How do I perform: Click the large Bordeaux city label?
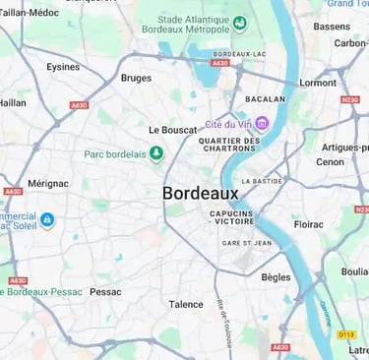[200, 194]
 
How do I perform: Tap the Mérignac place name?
[48, 183]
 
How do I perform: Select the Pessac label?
[105, 292]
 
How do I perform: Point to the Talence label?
[186, 305]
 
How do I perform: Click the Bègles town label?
[276, 277]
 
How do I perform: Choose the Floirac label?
[308, 224]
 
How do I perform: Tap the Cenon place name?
[330, 162]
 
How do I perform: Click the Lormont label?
[317, 83]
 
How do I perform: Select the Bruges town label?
[136, 78]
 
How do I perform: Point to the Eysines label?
[63, 67]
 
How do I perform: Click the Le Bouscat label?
[174, 130]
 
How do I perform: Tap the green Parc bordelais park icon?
[155, 153]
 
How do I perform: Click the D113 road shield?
[345, 334]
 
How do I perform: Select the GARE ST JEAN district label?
[245, 243]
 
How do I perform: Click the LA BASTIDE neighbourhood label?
[262, 181]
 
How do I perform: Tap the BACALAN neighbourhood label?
[265, 99]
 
